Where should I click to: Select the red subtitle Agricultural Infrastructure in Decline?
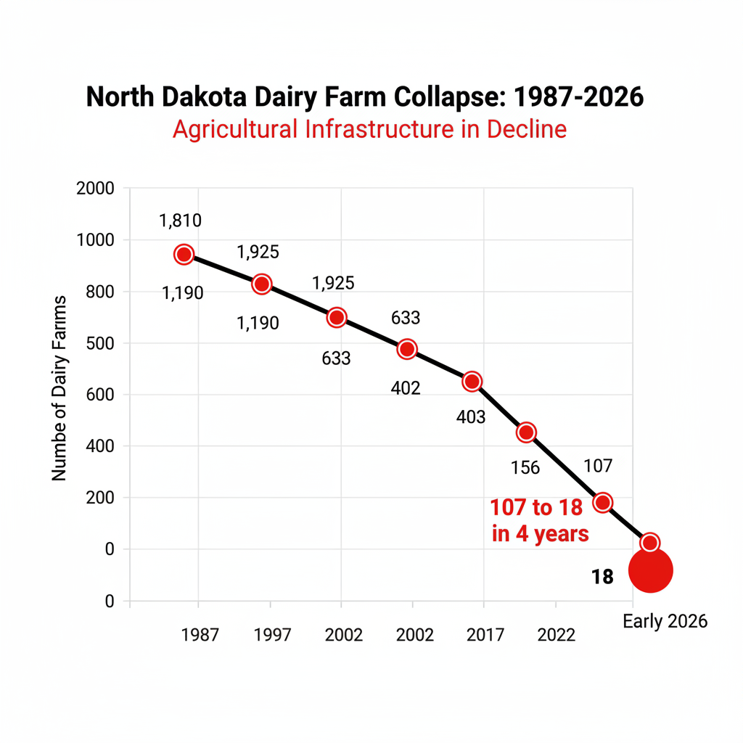pos(369,129)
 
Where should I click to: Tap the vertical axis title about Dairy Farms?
pos(59,387)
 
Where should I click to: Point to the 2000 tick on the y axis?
pos(95,189)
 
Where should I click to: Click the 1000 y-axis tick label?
pos(95,240)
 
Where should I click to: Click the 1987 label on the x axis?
pos(200,635)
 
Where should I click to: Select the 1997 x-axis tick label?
pos(272,635)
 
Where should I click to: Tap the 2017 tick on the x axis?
pos(485,635)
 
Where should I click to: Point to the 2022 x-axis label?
pos(556,635)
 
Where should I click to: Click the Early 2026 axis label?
pos(665,622)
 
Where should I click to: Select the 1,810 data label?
pos(181,221)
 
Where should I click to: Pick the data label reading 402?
pos(405,388)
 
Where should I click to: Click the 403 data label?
pos(471,417)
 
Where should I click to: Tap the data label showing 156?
pos(525,468)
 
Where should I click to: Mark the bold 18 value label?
pos(602,577)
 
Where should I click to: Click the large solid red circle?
pos(651,571)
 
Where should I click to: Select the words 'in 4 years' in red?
pos(541,535)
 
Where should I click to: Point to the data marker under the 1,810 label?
pos(184,254)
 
